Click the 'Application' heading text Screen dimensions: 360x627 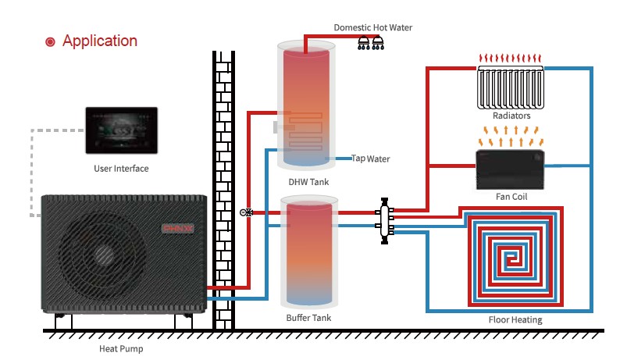(x=100, y=41)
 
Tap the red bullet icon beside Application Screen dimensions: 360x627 (x=51, y=42)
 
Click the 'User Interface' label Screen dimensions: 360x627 (x=120, y=168)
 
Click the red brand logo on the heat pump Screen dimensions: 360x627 (x=176, y=229)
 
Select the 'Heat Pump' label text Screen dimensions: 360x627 (x=120, y=349)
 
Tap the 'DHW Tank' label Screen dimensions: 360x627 (x=308, y=182)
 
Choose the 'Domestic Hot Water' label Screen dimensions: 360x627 (x=372, y=27)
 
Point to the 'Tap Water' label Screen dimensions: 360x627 (x=370, y=159)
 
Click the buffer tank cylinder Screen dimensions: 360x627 (x=310, y=254)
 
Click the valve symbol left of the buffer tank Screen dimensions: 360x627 (x=245, y=212)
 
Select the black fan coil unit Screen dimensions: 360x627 (x=511, y=167)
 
